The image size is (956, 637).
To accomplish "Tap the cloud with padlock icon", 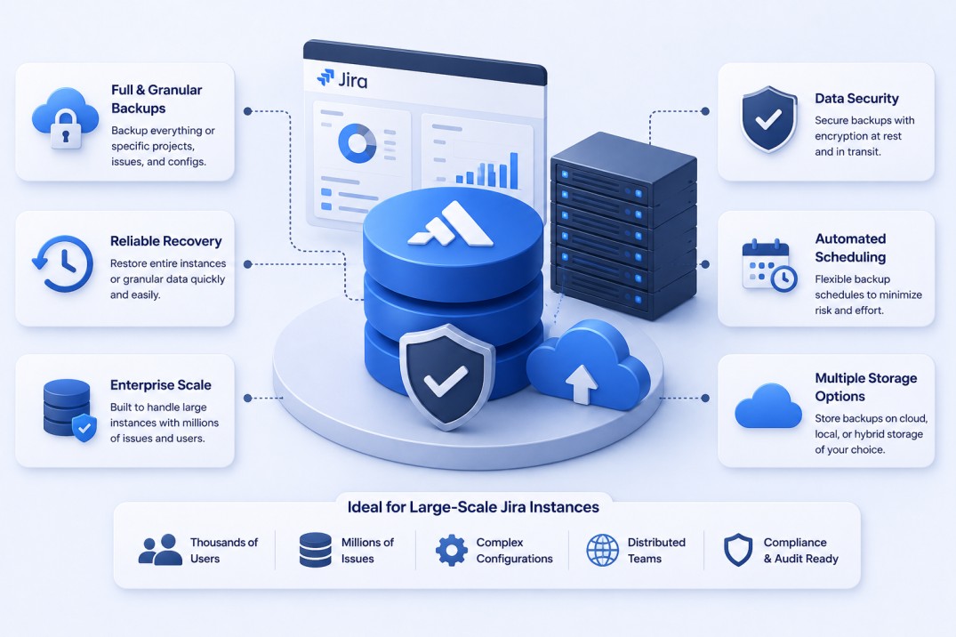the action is click(x=65, y=118).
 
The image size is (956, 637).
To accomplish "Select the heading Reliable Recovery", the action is click(x=165, y=241).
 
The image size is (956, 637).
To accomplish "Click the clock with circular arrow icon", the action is click(x=63, y=263).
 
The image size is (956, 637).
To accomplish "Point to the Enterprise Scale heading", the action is click(x=160, y=385).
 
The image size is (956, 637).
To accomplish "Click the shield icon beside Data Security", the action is click(x=769, y=119).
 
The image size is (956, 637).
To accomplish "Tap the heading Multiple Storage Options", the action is click(x=866, y=387).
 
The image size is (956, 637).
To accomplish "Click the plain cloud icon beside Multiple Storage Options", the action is click(x=768, y=407).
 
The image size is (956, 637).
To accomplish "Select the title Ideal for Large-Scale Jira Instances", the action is click(x=473, y=507).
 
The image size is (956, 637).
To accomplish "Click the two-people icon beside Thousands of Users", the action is click(x=160, y=550).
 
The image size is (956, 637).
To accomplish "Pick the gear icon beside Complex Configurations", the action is click(x=452, y=550).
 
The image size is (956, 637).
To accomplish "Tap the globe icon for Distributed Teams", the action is click(x=602, y=550).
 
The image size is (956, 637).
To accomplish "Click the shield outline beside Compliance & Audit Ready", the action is click(x=738, y=550).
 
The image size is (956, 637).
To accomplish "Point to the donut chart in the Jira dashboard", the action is click(x=357, y=143).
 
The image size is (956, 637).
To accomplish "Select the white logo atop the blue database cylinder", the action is click(x=451, y=224).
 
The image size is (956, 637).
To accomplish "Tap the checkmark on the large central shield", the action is click(x=446, y=381).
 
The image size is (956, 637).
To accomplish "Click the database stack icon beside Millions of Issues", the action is click(x=315, y=550).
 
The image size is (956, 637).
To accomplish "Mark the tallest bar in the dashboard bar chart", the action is click(x=514, y=170).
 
